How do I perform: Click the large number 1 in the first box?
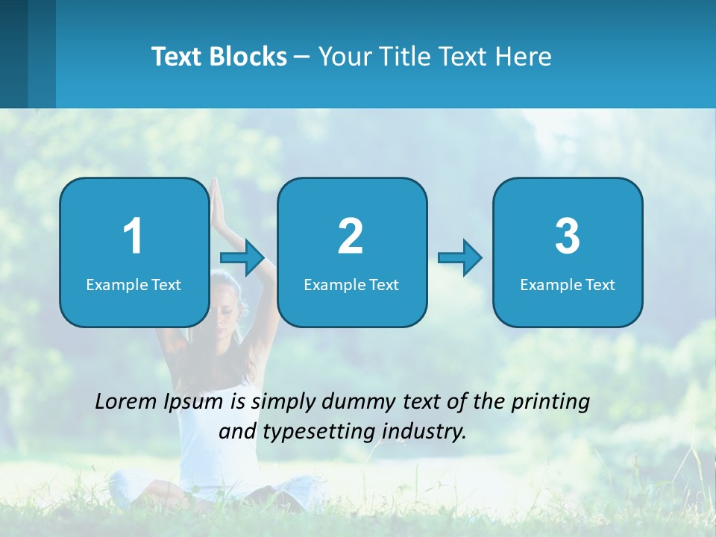[x=133, y=236]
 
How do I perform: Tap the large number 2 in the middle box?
[x=351, y=236]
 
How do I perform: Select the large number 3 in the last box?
[x=568, y=236]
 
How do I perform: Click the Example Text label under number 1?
[x=134, y=284]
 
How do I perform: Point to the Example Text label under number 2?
[x=351, y=284]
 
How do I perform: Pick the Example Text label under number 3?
[x=568, y=284]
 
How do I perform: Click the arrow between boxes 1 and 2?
[x=243, y=258]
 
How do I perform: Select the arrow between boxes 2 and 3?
[x=460, y=258]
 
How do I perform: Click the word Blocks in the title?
[x=248, y=57]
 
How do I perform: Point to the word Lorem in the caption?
[x=126, y=401]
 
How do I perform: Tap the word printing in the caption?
[x=550, y=402]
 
